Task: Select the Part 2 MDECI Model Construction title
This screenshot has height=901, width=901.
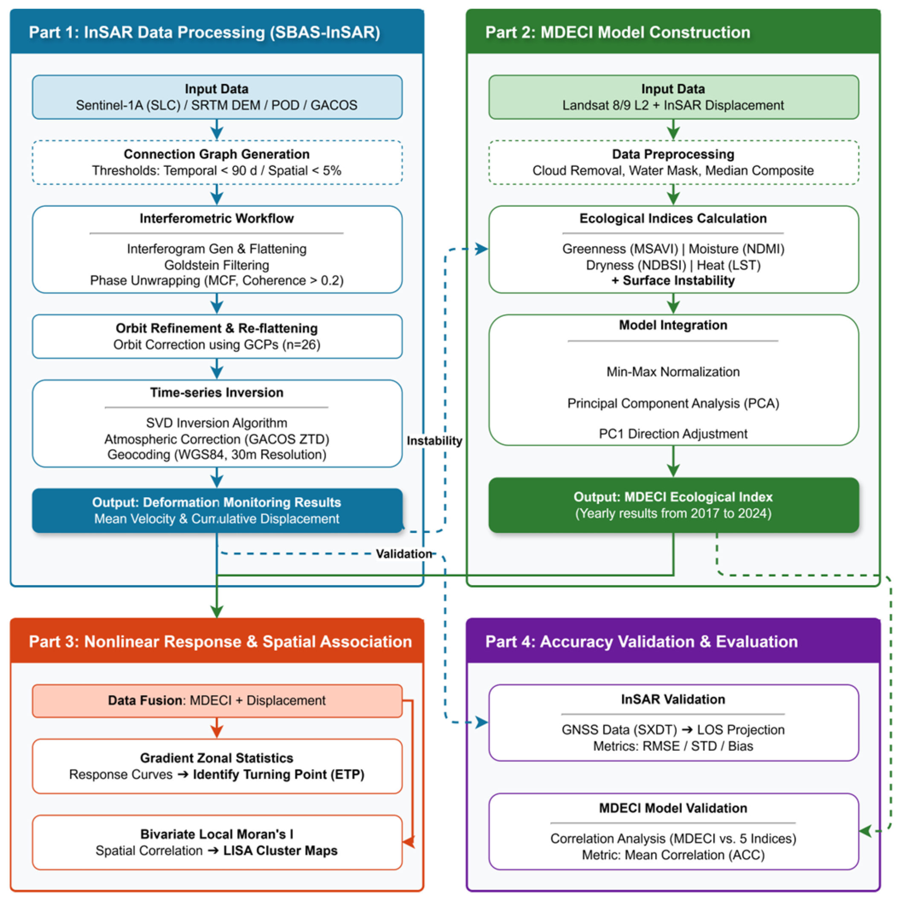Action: point(617,32)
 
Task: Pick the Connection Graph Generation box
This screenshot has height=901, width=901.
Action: point(217,162)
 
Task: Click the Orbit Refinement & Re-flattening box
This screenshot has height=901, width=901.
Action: point(217,336)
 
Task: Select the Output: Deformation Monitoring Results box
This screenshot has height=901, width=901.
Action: point(217,510)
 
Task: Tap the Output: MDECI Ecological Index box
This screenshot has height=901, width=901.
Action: point(673,504)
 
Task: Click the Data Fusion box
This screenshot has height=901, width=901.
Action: point(217,701)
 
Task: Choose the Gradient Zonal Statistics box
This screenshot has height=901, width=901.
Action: point(217,766)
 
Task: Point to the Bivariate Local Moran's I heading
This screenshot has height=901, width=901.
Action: point(217,834)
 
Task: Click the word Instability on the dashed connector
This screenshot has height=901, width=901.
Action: point(434,441)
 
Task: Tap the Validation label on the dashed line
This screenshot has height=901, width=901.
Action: point(404,553)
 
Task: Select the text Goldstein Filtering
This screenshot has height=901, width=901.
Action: point(217,265)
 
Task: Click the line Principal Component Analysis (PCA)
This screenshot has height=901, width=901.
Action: point(673,403)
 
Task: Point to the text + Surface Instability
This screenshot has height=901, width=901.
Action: point(673,280)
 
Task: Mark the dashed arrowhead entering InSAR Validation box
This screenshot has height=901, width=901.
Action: point(482,722)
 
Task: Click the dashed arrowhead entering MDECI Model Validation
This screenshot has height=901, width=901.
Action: point(866,831)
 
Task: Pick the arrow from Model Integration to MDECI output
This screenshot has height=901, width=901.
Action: point(673,461)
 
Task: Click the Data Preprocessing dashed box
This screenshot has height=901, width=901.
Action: point(673,162)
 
